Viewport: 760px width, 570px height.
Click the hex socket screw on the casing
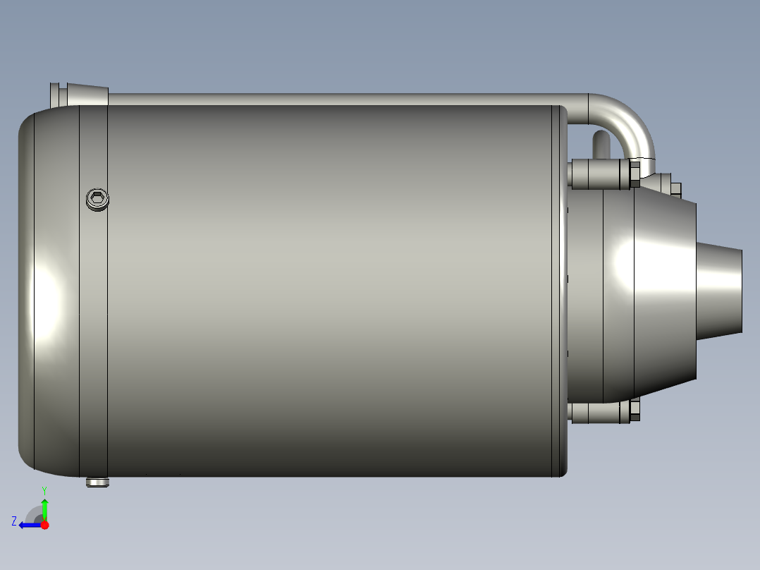[x=97, y=200]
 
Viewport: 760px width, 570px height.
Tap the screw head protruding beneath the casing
[x=97, y=483]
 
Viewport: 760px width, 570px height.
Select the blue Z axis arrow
[x=29, y=525]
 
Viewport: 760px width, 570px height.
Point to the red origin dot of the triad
[x=44, y=525]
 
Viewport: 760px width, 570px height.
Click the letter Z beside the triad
[x=14, y=521]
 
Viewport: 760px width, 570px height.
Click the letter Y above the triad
[x=44, y=490]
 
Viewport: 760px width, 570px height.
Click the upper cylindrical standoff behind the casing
[x=598, y=174]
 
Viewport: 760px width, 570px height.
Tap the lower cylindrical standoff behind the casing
[x=598, y=412]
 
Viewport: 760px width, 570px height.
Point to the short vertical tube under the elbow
[x=599, y=145]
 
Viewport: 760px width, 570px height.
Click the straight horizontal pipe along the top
[x=338, y=99]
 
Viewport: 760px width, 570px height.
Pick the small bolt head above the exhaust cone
[x=675, y=189]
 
